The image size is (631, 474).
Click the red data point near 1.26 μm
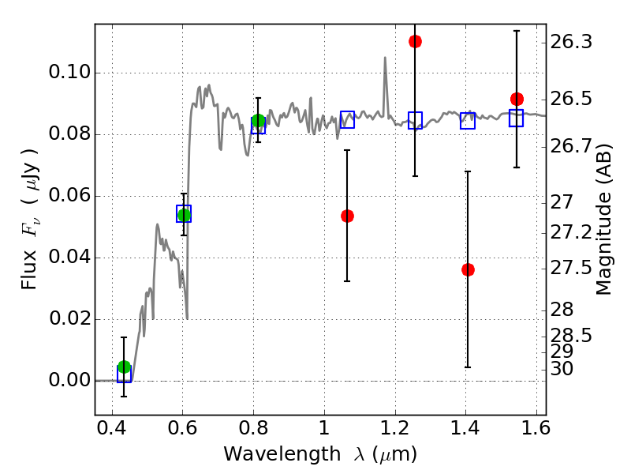[x=415, y=41]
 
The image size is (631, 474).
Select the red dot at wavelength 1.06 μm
[x=347, y=216]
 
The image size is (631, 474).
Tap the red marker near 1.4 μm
[x=468, y=269]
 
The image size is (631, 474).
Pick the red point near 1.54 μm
[x=517, y=99]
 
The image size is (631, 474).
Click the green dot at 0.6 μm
[x=184, y=215]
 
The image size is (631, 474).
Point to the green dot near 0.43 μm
[x=124, y=367]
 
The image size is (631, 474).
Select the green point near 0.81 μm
[x=259, y=120]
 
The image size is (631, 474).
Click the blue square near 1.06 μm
[x=347, y=120]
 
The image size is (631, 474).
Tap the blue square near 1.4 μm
[x=468, y=121]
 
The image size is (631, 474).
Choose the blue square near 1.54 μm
[x=517, y=118]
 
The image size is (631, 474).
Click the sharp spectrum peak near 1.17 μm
[x=385, y=58]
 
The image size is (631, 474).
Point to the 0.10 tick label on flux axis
[x=69, y=72]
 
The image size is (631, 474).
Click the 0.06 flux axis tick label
[x=69, y=195]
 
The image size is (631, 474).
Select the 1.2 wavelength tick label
[x=395, y=427]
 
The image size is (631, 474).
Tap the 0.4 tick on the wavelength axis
[x=112, y=427]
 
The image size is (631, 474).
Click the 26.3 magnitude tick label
[x=571, y=42]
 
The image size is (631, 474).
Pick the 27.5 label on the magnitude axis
[x=571, y=268]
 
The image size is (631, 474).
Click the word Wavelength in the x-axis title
[x=282, y=454]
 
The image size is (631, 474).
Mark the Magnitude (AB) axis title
[x=603, y=220]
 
